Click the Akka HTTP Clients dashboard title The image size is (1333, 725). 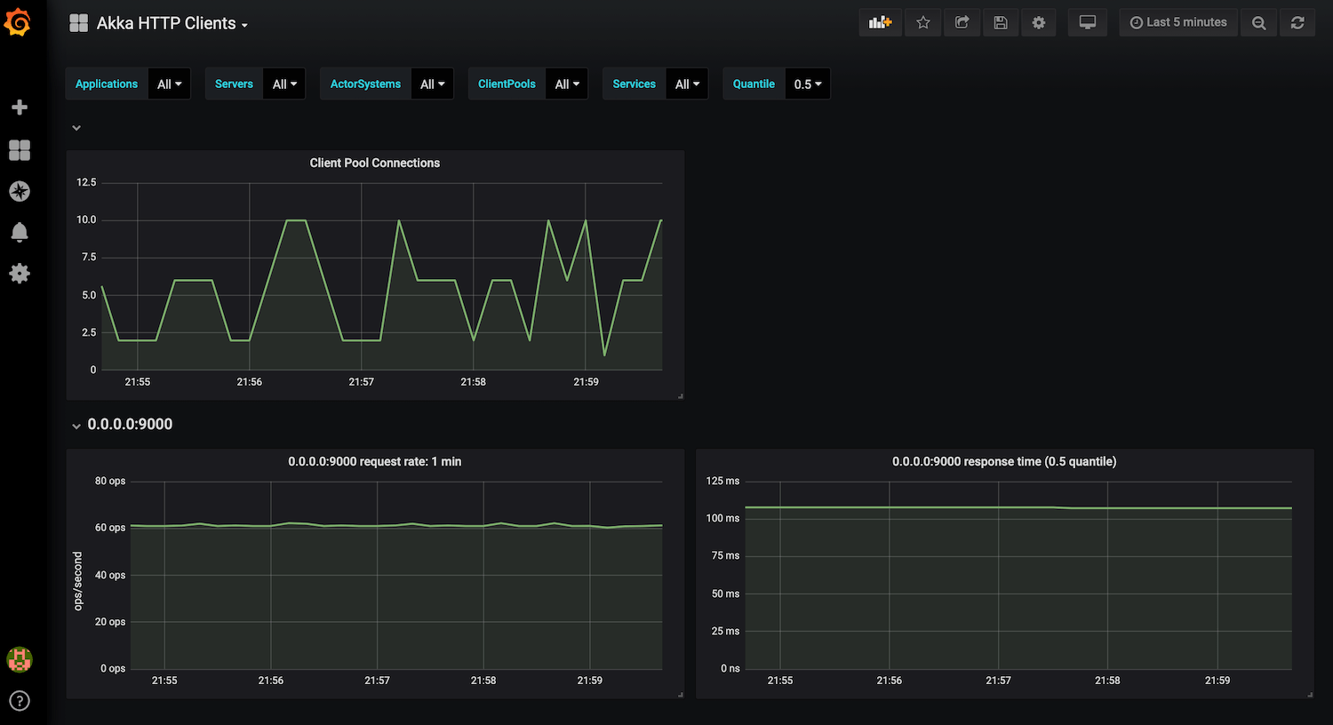coord(166,24)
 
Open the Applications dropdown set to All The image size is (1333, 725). coord(169,84)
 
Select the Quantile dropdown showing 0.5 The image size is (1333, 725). coord(807,84)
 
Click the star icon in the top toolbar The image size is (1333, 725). coord(923,23)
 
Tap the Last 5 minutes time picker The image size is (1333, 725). coord(1177,23)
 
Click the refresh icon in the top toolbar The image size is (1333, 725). coord(1297,23)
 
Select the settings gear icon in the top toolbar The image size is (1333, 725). coord(1039,23)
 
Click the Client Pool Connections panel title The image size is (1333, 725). coord(374,163)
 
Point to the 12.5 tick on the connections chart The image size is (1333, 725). coord(86,183)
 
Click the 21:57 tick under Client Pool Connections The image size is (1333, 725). coord(361,382)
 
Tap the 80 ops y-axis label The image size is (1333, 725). coord(110,482)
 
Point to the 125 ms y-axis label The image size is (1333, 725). coord(722,482)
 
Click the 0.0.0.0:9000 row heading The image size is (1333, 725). coord(130,425)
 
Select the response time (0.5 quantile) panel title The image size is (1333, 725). coord(1003,462)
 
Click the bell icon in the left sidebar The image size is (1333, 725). coord(20,233)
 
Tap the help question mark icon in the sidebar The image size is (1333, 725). coord(20,701)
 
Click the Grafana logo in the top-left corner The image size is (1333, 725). coord(18,23)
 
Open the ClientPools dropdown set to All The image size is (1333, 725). coord(566,84)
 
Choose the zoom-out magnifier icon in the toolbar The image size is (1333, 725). coord(1258,23)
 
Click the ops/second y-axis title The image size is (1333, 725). coord(78,581)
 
